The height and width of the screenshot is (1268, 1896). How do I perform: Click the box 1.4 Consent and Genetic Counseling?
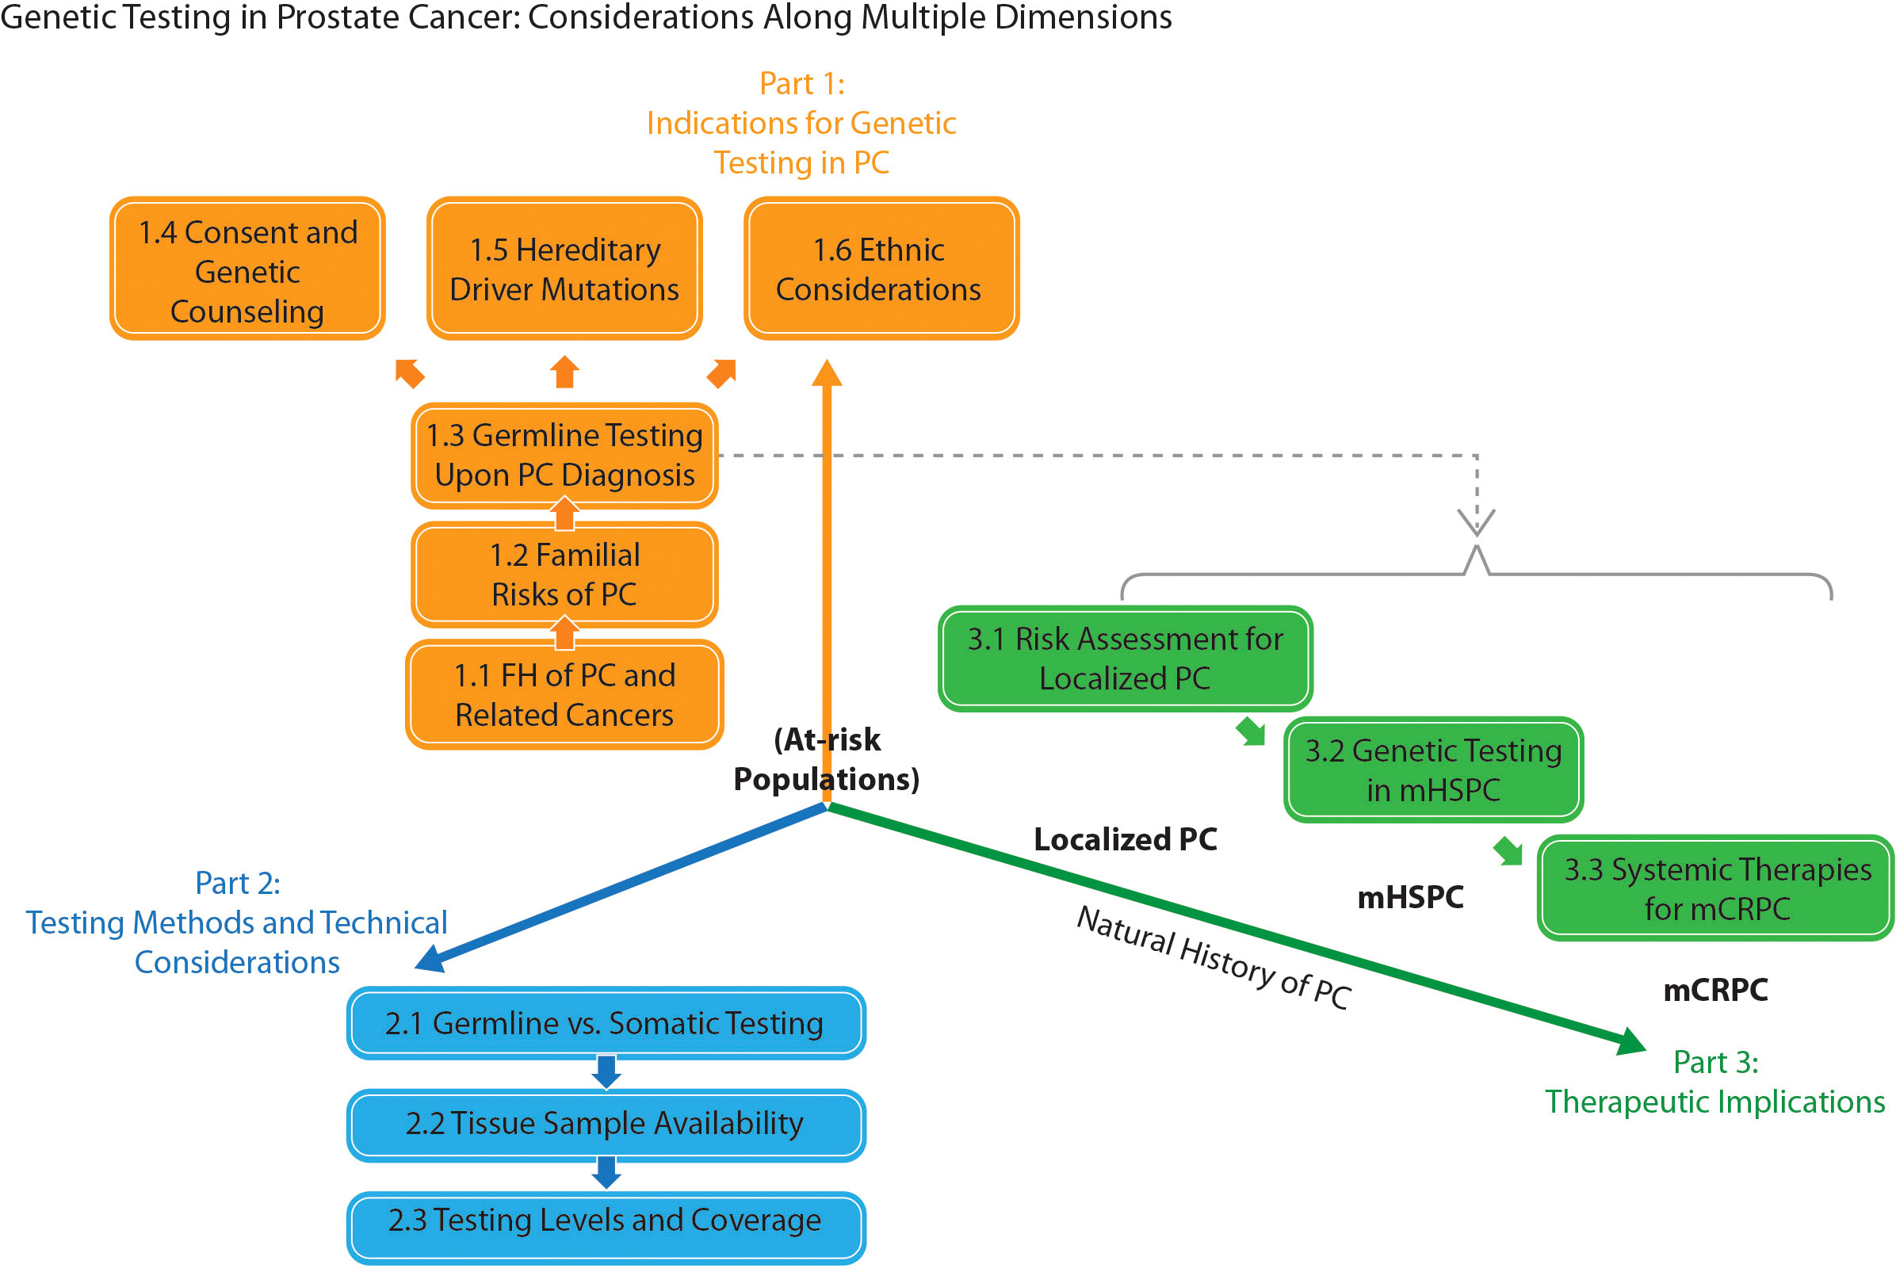247,269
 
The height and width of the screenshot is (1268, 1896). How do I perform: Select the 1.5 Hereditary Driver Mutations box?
564,269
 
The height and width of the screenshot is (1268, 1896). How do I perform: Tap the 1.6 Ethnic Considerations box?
880,269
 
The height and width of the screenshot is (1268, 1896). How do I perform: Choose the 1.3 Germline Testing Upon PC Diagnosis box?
564,455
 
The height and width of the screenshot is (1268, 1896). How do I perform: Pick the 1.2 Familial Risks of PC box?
564,575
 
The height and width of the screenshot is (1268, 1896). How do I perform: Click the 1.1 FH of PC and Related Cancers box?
564,696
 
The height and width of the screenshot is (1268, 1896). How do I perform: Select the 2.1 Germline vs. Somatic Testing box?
605,1024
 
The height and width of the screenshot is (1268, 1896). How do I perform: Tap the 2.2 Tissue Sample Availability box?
605,1124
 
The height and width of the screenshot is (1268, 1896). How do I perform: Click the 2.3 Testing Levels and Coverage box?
605,1221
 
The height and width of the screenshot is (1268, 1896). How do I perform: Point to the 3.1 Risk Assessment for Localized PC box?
1124,659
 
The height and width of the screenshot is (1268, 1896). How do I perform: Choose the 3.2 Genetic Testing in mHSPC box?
1432,770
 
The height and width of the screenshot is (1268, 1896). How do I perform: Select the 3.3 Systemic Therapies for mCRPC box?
1715,888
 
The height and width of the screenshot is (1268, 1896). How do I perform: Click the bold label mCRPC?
1714,990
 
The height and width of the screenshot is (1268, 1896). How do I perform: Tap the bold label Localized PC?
1124,839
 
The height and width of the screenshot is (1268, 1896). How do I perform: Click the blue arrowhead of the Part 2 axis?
430,960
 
